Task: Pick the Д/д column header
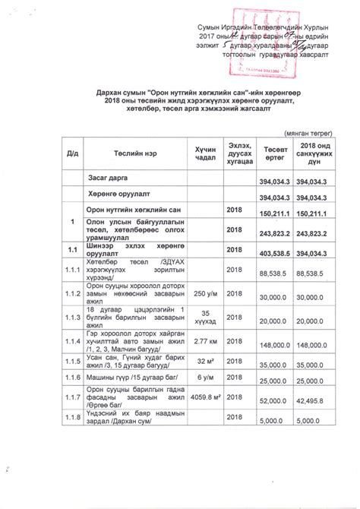(73, 154)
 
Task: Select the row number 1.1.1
(73, 270)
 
